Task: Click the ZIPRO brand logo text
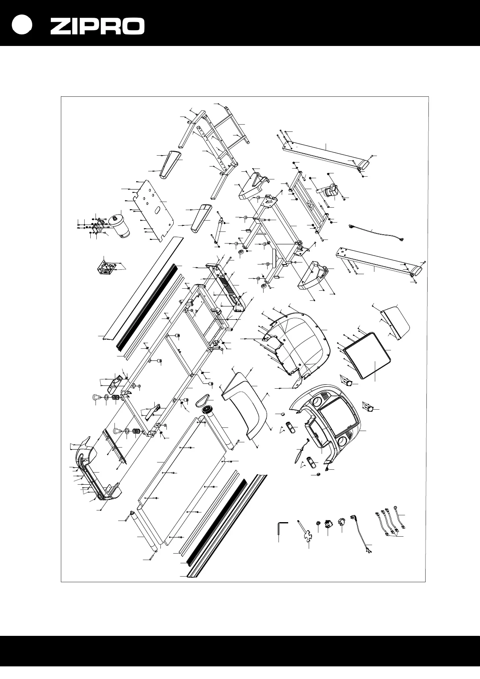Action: tap(97, 27)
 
